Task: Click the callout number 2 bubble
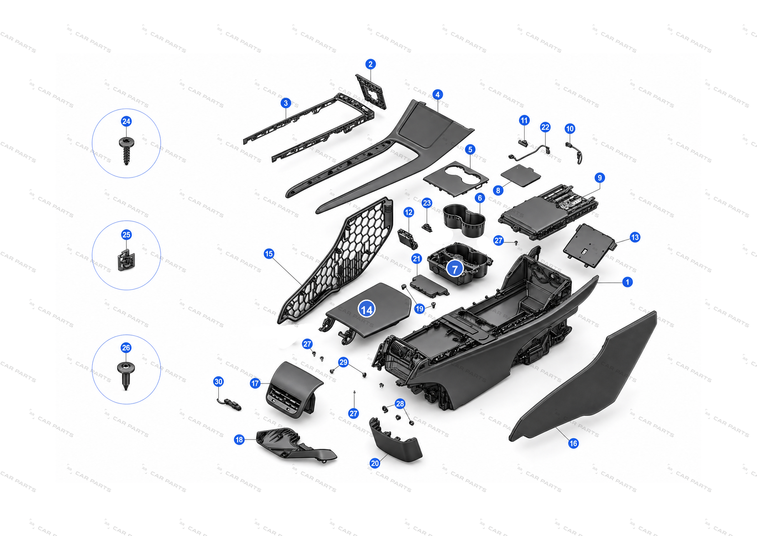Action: point(370,64)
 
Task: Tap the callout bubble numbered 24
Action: point(126,121)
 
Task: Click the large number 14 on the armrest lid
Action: point(366,309)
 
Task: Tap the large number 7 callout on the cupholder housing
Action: point(454,269)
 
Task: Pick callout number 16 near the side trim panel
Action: point(573,443)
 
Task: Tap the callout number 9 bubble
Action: point(599,178)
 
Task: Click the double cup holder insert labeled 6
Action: point(464,220)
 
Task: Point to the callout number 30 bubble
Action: point(219,381)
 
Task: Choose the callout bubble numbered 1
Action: point(627,282)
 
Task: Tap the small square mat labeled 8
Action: point(520,176)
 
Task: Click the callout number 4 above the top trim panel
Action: point(437,95)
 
